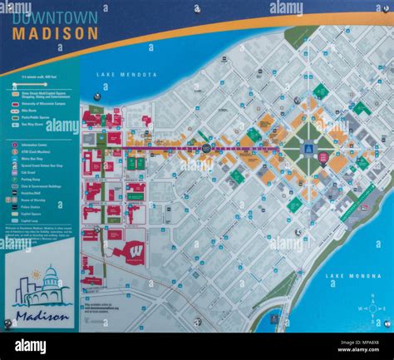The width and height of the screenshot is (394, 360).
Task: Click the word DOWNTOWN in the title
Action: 55,17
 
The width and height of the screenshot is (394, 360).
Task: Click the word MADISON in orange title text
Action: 55,35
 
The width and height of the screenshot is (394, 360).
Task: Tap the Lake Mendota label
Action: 126,75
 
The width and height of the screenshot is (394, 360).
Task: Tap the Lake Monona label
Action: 347,275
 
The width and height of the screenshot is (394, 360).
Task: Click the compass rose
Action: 372,308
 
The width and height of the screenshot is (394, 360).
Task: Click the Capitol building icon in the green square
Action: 308,150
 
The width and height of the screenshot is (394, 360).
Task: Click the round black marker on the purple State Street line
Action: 205,148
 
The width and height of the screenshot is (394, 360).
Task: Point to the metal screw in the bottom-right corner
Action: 386,323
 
